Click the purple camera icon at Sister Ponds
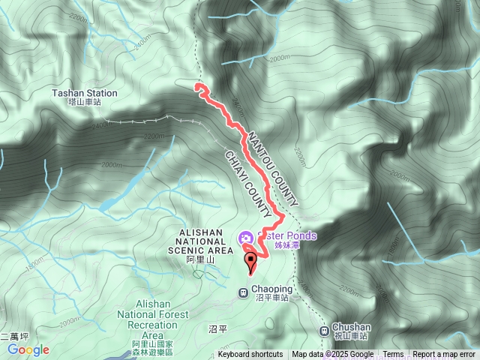(245, 238)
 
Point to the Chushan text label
(351, 327)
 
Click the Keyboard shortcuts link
(250, 355)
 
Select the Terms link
(393, 355)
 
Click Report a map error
(445, 355)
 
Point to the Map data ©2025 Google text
(333, 355)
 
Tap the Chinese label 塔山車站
(84, 102)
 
